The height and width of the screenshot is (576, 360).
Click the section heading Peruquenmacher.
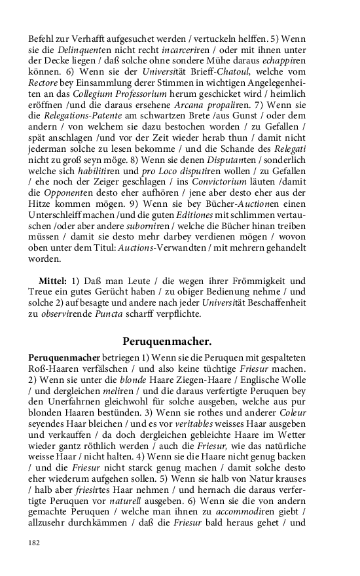point(167,341)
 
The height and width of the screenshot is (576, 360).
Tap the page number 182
point(34,543)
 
